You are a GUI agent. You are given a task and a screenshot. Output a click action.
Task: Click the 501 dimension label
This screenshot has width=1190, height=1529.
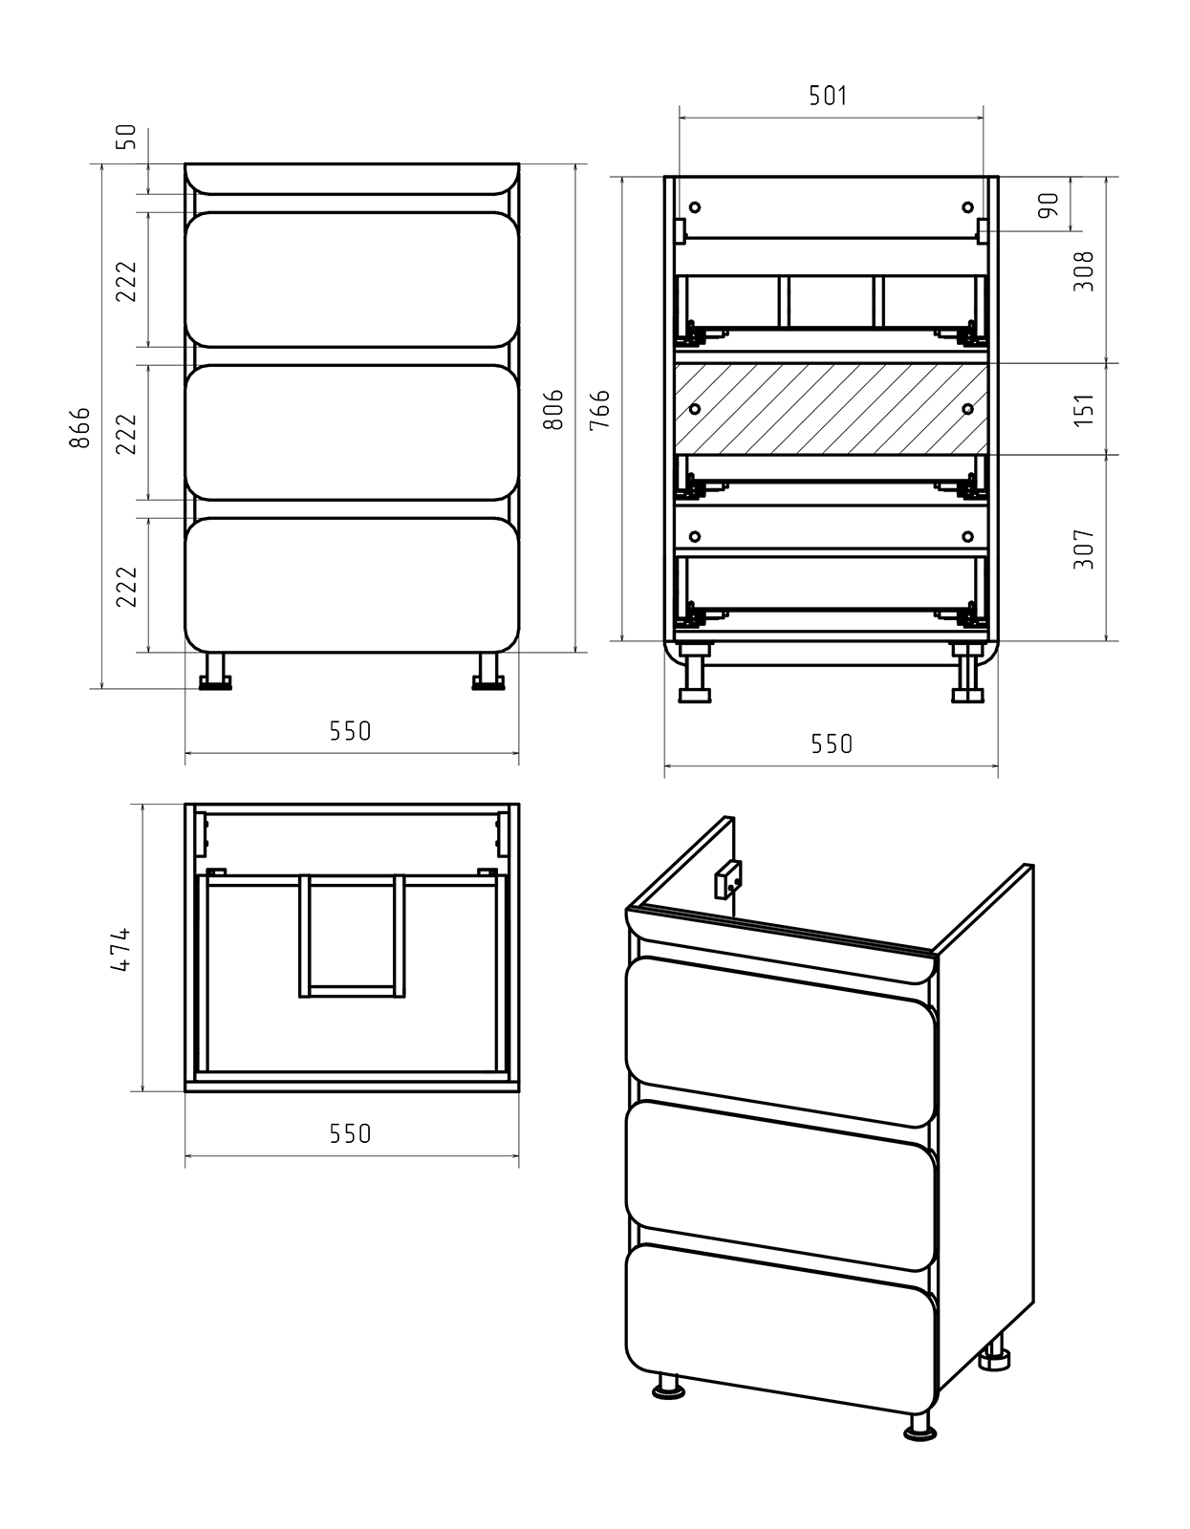[828, 96]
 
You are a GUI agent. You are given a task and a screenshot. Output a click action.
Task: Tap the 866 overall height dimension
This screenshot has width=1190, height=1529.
[80, 427]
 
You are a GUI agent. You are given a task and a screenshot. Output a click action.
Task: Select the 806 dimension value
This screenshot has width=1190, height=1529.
[553, 410]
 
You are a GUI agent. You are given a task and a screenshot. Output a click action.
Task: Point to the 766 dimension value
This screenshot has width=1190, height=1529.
[599, 410]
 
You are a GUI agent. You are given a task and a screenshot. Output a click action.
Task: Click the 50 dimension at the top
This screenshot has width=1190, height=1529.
[127, 138]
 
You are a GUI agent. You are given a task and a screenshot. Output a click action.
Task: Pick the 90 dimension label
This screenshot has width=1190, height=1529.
[1048, 205]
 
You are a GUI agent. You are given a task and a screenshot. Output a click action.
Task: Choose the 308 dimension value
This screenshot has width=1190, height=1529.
[1085, 270]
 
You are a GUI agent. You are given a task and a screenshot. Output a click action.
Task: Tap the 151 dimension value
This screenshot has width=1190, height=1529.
[1085, 410]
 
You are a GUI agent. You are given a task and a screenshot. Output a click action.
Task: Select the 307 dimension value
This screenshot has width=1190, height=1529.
[1085, 549]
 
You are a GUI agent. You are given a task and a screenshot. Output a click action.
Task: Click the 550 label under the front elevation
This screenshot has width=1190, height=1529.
[350, 731]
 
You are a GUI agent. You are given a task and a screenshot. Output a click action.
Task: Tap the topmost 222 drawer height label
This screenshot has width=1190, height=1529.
[127, 282]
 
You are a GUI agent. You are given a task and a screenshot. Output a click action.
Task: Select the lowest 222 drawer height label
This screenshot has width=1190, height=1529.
[127, 586]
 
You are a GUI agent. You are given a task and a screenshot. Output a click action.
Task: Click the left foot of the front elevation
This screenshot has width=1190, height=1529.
[215, 672]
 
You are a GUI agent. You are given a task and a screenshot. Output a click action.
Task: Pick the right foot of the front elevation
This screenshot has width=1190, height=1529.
[488, 672]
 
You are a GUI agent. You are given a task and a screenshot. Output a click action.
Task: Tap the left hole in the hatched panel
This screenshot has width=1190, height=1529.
[696, 409]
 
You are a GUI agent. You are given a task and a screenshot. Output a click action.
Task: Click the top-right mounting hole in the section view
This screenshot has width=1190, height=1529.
[967, 206]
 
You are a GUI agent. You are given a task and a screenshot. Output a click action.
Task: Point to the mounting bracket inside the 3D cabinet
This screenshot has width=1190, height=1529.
[727, 880]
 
